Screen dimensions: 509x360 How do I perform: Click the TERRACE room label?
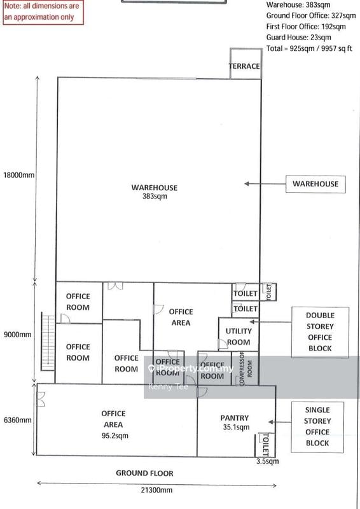pos(244,66)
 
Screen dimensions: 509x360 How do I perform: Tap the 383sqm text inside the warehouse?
pos(155,197)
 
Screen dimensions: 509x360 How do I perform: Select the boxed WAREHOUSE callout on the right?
pos(315,184)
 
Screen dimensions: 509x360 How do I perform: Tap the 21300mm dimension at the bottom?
pos(154,491)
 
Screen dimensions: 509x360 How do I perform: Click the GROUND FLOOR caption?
pos(144,473)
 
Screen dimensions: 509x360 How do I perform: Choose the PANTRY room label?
pos(235,418)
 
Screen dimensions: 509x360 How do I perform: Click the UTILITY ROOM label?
pos(239,337)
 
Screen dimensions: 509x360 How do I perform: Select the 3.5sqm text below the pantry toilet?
pos(266,461)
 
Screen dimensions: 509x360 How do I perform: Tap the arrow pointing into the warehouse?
pos(261,184)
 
